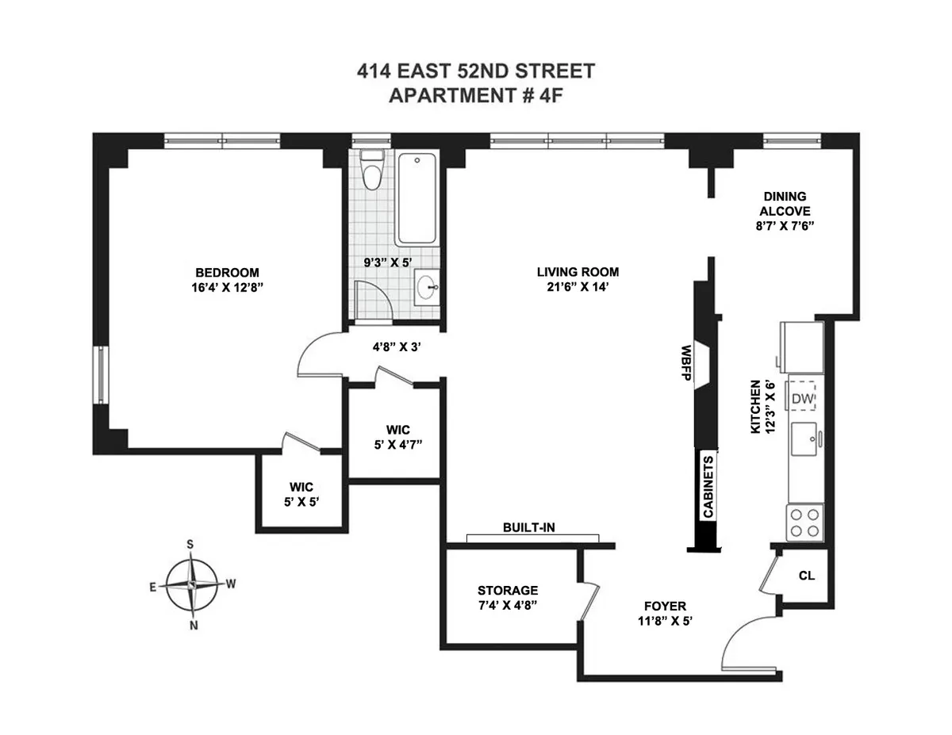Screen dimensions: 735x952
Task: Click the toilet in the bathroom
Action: [x=370, y=170]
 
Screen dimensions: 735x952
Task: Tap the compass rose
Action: [x=193, y=584]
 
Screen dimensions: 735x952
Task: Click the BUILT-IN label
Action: [x=528, y=527]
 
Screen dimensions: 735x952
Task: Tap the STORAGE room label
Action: [x=508, y=590]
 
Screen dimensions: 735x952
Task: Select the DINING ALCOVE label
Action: [x=785, y=203]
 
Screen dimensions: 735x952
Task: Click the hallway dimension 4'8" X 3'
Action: [x=396, y=346]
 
